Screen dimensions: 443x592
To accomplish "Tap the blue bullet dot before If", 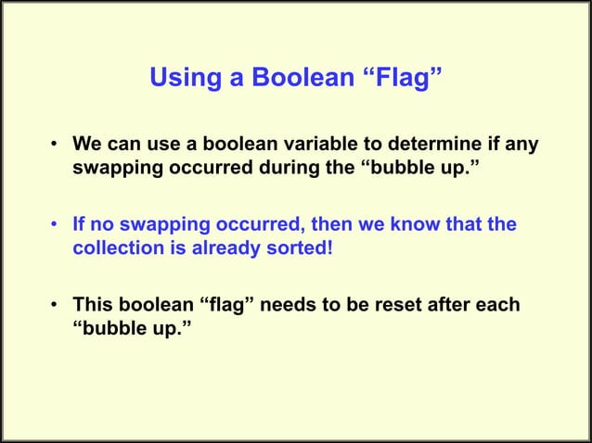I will [x=56, y=225].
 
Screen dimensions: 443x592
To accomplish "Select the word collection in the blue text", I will [x=113, y=249].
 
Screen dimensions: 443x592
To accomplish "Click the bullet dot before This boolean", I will [x=56, y=305].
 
